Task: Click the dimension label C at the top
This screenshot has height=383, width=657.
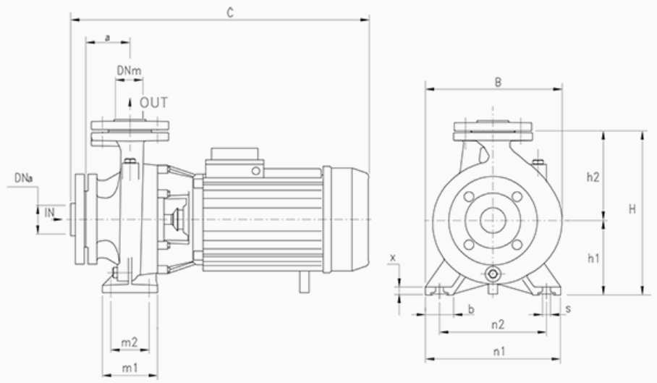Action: point(230,13)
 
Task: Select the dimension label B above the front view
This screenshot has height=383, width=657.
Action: point(498,82)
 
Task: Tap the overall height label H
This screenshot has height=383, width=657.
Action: point(632,209)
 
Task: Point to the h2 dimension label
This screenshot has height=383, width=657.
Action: point(593,176)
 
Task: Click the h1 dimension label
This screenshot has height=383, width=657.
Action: point(593,257)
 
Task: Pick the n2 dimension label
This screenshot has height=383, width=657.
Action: point(498,324)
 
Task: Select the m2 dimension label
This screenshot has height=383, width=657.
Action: point(130,342)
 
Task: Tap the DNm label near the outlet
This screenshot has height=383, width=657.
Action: point(129,70)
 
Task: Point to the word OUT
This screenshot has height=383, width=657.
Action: point(154,103)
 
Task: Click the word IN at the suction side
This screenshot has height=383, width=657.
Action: point(49,212)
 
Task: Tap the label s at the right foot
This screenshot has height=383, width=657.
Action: point(568,308)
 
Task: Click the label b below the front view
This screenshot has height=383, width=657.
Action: point(471,309)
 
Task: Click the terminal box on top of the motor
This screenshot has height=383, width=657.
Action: point(235,158)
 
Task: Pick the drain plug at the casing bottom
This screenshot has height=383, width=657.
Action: point(493,274)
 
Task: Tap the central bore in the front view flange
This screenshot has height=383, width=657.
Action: point(493,219)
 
